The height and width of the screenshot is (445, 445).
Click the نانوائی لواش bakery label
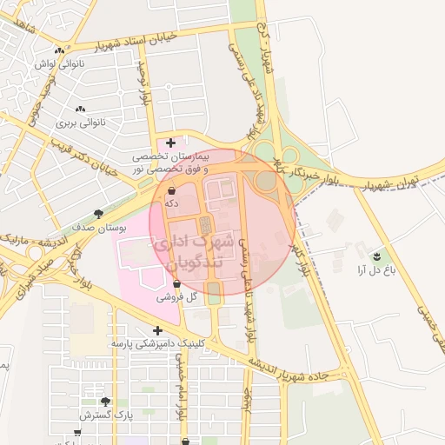56,63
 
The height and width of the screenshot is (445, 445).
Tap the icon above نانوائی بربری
80,109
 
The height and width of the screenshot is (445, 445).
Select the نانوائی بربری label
80,123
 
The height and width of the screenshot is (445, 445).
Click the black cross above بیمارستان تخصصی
170,143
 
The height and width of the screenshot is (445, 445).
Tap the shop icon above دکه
171,189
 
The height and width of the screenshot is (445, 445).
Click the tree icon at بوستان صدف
98,213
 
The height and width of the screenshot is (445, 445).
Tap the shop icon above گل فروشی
177,283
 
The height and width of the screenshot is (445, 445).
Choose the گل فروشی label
177,297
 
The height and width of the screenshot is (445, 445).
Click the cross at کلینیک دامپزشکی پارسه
157,330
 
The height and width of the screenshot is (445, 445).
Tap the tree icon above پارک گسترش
106,402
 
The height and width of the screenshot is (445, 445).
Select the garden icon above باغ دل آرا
376,256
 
